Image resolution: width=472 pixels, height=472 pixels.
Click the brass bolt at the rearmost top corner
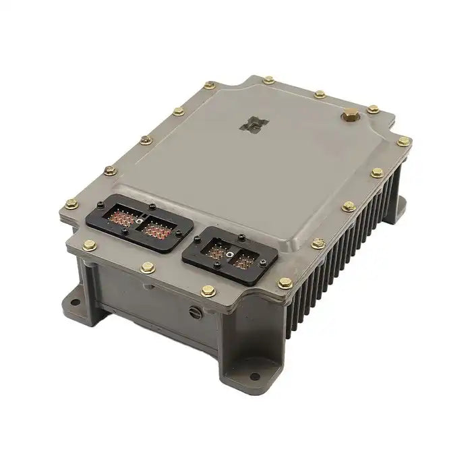click(x=270, y=79)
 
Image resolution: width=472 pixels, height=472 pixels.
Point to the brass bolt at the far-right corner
click(x=403, y=142)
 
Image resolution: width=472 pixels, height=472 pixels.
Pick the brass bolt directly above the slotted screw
click(x=207, y=291)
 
